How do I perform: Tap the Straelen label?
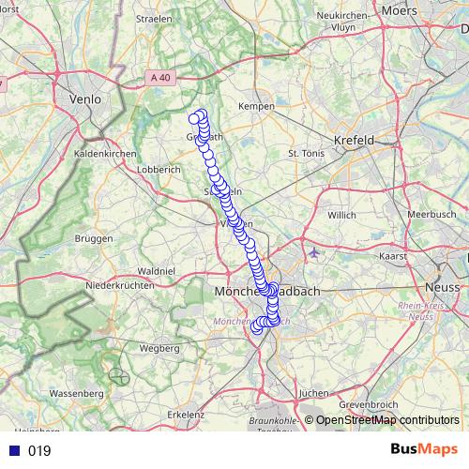[154, 18]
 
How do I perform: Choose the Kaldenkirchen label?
[105, 152]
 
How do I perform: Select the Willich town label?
[341, 215]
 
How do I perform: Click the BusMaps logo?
[424, 450]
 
